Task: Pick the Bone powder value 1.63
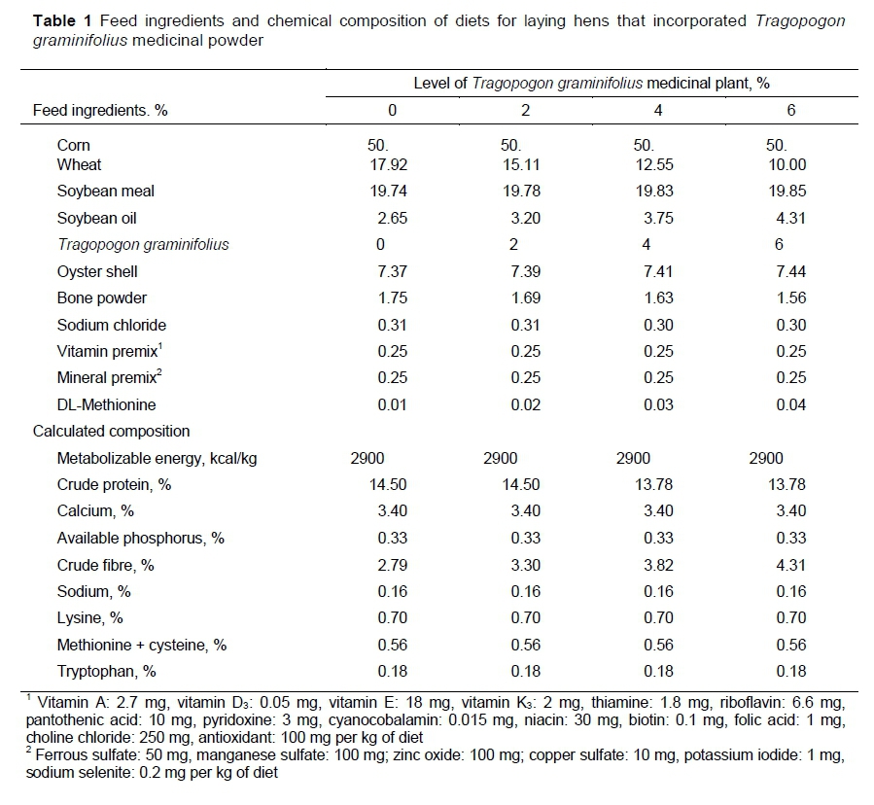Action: (x=657, y=297)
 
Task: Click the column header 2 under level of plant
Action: (x=525, y=110)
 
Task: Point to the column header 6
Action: (x=790, y=110)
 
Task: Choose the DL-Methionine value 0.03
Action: (x=657, y=404)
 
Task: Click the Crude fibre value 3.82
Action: (x=657, y=565)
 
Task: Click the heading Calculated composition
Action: (x=111, y=431)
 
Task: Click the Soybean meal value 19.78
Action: (x=525, y=191)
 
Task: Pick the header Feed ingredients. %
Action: (x=100, y=110)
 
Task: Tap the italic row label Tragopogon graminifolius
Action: (x=143, y=244)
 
